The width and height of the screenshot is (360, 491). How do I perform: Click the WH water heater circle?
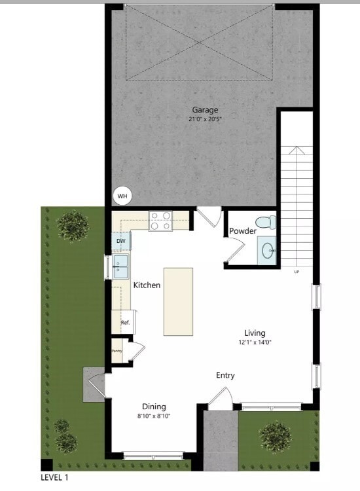(122, 195)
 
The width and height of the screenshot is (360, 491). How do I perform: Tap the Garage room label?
(205, 110)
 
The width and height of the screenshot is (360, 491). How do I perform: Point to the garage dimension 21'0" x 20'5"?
(205, 120)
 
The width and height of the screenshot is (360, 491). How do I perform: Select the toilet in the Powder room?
(264, 223)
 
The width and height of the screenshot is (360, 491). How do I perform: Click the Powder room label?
(242, 231)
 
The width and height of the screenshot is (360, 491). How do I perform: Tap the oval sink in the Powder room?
(268, 250)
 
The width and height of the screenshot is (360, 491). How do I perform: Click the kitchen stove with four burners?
(160, 221)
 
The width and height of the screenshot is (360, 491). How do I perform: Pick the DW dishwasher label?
(121, 242)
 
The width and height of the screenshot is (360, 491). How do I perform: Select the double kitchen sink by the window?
(120, 266)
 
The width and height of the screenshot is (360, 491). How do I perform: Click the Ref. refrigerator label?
(125, 323)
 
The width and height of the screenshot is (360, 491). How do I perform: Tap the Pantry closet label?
(117, 351)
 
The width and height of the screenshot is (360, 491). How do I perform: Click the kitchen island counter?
(178, 301)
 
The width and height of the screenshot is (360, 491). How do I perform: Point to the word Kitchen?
(147, 285)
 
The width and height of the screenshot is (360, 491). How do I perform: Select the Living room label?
(255, 332)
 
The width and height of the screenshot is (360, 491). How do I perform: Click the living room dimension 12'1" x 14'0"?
(255, 342)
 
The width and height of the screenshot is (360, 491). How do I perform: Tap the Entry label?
(225, 375)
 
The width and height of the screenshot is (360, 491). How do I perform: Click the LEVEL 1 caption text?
(54, 478)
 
